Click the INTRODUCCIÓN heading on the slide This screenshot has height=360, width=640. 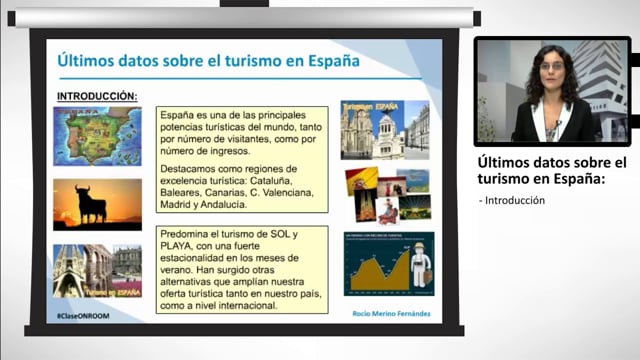click(x=97, y=96)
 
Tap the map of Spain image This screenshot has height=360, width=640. click(x=97, y=136)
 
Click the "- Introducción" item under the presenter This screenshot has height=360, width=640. click(x=512, y=200)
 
